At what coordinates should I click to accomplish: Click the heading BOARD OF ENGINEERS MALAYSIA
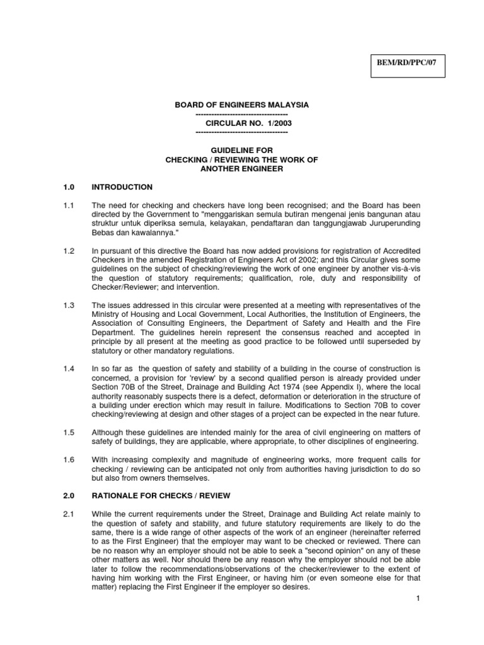coord(242,104)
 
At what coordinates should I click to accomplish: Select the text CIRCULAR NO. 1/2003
coord(242,123)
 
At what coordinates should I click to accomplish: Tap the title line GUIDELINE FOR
coord(242,151)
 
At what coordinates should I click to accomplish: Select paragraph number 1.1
coord(69,205)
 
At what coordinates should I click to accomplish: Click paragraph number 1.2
coord(69,251)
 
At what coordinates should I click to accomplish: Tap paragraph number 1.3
coord(69,305)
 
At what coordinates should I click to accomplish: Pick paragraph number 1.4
coord(69,368)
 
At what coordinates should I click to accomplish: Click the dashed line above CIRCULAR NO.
coord(242,114)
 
